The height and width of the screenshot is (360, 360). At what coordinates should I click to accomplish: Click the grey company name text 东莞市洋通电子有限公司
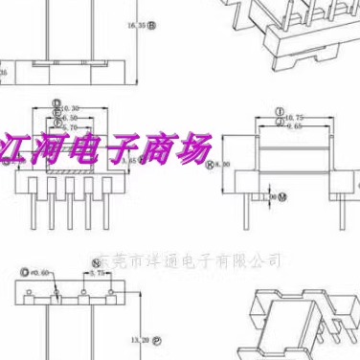tap(190, 259)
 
